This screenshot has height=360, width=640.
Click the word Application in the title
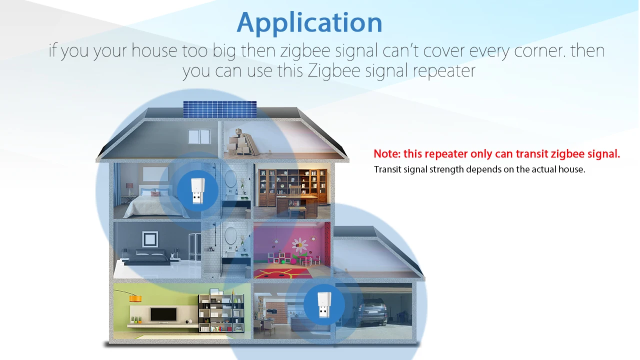(x=309, y=22)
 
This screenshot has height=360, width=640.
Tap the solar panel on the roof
(x=219, y=109)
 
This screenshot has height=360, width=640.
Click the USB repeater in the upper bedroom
(x=197, y=191)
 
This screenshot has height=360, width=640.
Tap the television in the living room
(x=163, y=314)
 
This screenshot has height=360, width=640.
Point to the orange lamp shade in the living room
(x=135, y=298)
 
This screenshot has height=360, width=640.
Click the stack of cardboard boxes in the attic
(x=239, y=141)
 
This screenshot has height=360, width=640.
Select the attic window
(x=199, y=136)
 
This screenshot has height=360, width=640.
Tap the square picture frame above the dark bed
(x=150, y=239)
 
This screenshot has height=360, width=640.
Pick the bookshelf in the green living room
(x=221, y=312)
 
